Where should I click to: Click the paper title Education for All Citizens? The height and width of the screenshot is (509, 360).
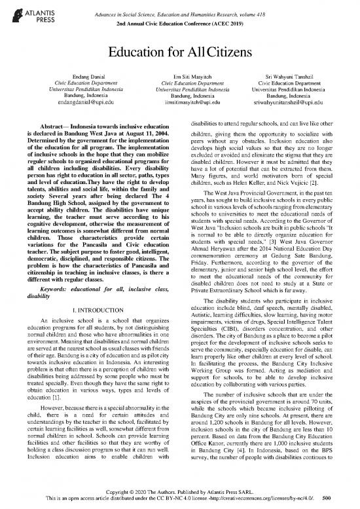[x=180, y=53]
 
